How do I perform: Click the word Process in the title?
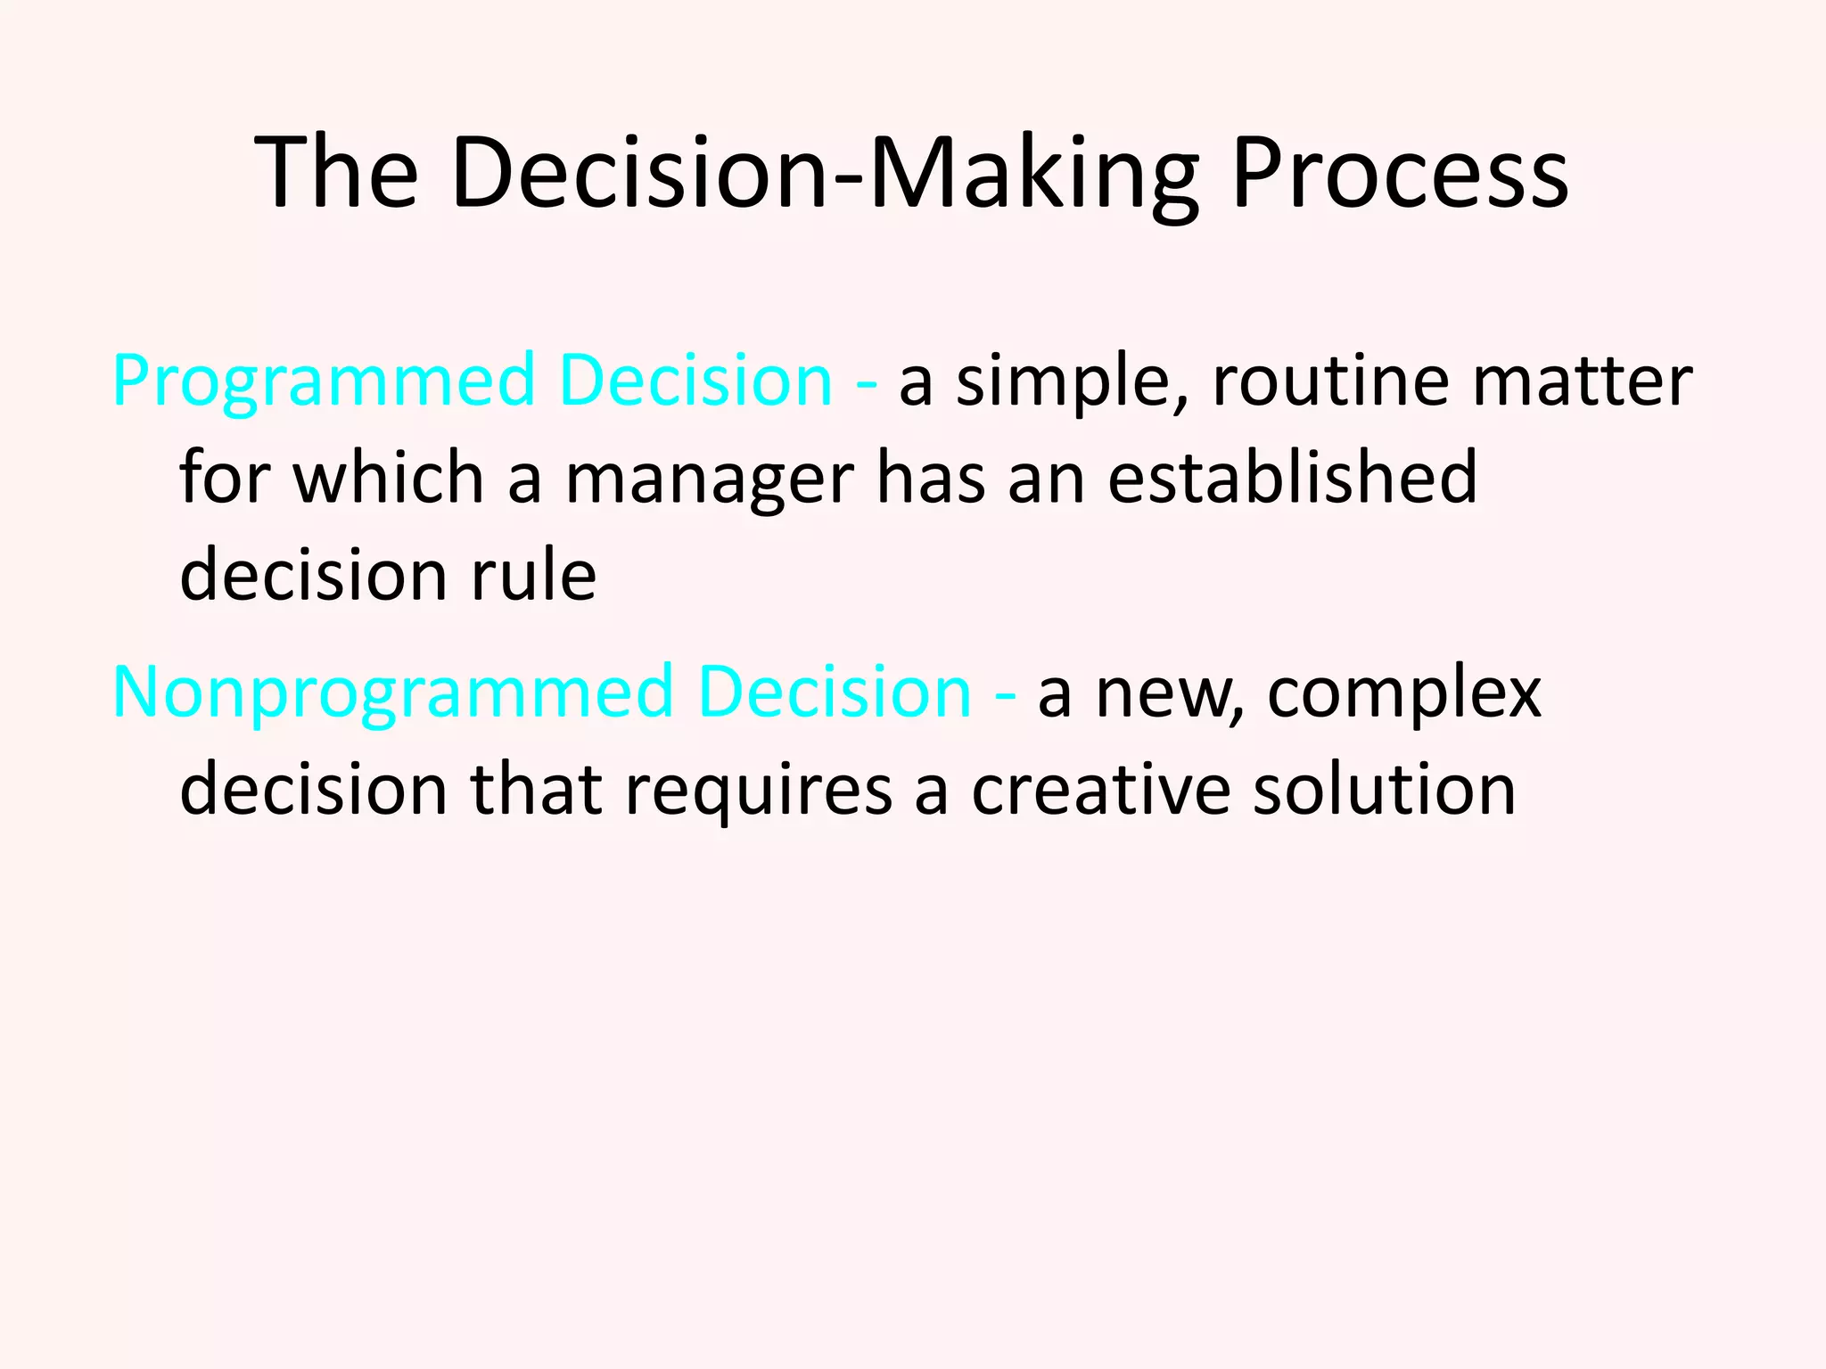coord(1400,174)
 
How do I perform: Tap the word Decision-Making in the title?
coord(825,174)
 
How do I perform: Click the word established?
coord(1292,479)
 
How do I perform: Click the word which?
coord(389,479)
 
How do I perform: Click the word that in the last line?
coord(536,791)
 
